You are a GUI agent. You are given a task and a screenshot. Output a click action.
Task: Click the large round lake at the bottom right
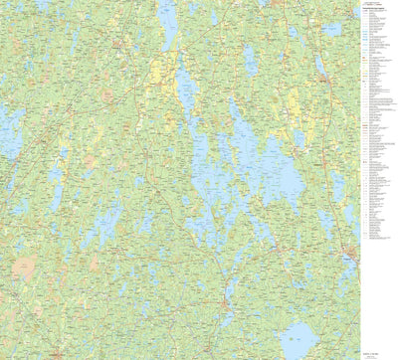click(x=300, y=338)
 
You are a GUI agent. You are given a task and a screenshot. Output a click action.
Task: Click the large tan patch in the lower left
click(x=25, y=267)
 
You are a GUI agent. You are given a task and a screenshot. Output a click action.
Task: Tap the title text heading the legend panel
click(x=377, y=9)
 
